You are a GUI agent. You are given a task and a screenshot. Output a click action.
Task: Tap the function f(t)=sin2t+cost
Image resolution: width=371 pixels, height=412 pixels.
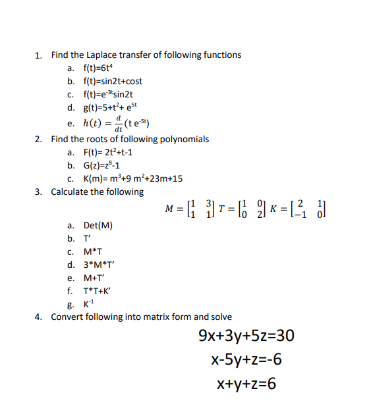pyautogui.click(x=112, y=81)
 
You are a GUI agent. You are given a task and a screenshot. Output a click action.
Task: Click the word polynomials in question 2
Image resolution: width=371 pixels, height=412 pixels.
pyautogui.click(x=186, y=139)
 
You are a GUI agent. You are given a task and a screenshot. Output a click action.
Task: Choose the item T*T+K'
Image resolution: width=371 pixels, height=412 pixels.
pyautogui.click(x=99, y=291)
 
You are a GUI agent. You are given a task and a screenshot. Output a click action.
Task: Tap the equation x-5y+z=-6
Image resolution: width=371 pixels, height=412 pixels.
pyautogui.click(x=246, y=359)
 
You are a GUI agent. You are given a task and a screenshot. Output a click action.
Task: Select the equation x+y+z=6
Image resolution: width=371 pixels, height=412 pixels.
pyautogui.click(x=246, y=384)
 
